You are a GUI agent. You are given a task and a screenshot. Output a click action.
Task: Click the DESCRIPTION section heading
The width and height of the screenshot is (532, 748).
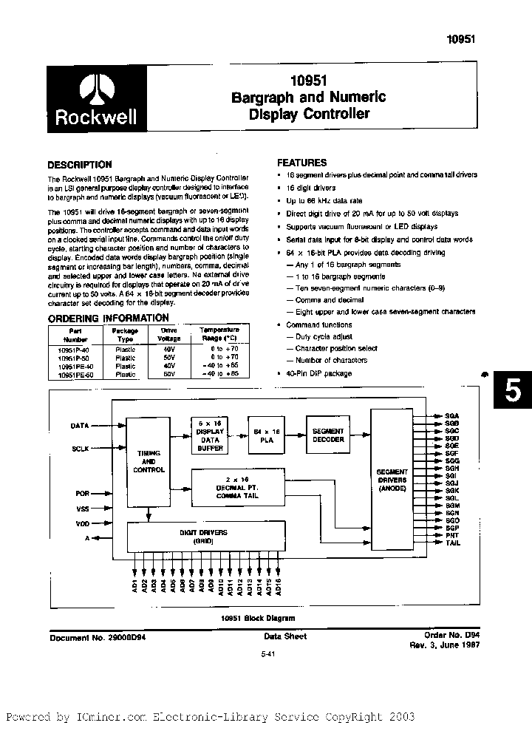tap(80, 165)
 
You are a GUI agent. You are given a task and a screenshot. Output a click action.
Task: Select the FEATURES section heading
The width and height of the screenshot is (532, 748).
tap(301, 163)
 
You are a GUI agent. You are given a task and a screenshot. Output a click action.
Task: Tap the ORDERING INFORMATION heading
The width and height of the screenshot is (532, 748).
tap(109, 318)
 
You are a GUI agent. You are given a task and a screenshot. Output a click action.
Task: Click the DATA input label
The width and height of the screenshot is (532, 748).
tap(80, 426)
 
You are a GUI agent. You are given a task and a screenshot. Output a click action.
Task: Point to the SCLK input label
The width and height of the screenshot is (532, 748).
tap(80, 448)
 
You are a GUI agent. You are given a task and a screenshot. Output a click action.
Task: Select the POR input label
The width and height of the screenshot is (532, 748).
tap(82, 492)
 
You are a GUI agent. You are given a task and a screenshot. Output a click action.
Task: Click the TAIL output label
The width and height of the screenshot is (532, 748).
tap(453, 543)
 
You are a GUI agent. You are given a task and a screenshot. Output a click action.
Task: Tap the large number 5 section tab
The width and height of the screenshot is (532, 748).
tap(512, 392)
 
